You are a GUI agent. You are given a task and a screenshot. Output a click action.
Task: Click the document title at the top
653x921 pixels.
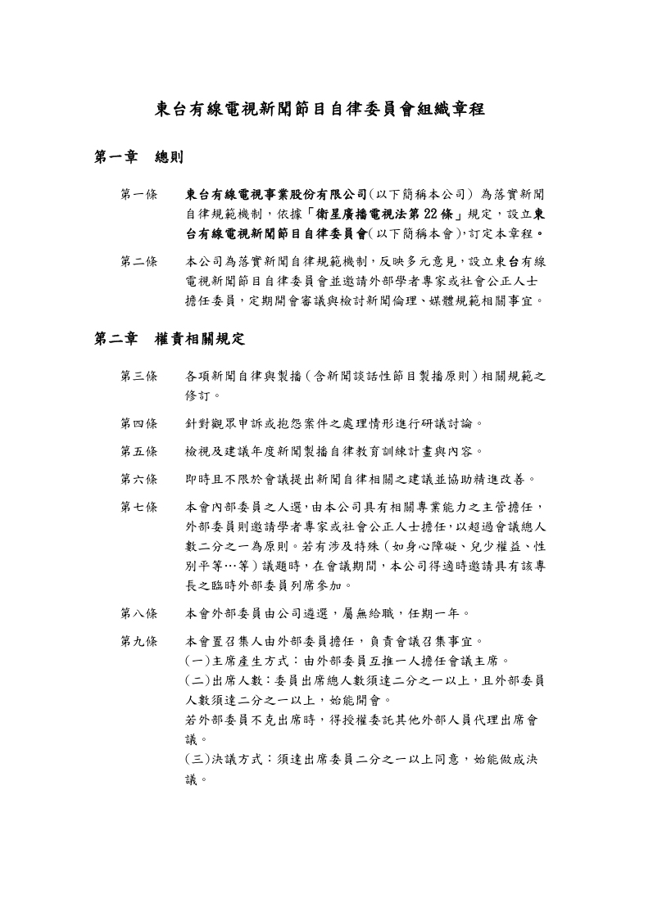point(326,110)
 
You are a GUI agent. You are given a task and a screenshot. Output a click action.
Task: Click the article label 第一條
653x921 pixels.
point(139,195)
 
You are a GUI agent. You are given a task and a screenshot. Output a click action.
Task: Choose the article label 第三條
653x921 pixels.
point(139,376)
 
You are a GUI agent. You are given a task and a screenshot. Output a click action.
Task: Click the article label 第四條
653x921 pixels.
point(139,423)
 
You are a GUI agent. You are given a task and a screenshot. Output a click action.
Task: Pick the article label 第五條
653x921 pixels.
point(139,450)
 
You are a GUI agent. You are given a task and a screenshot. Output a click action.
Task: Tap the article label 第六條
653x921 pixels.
point(139,478)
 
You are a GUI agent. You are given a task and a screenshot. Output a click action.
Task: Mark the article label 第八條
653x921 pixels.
point(139,612)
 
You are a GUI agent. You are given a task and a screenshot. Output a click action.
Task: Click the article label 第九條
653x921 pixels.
point(139,640)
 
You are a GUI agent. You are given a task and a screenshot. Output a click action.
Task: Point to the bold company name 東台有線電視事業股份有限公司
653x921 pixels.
point(276,195)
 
